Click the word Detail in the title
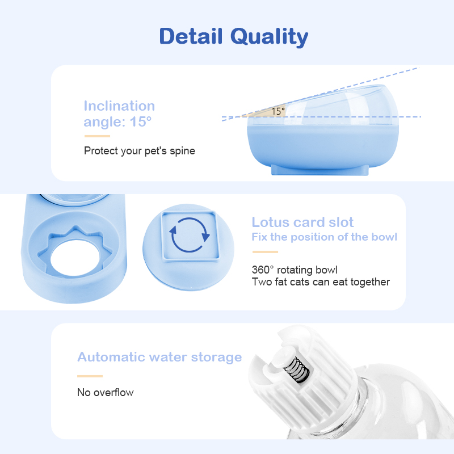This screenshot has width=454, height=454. point(191,36)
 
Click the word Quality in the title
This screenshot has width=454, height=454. point(269,37)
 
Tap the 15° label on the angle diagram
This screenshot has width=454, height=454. point(278,111)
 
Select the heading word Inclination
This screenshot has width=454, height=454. point(119,106)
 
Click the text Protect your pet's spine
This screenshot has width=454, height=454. point(140,151)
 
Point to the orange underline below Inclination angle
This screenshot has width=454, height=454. point(97,136)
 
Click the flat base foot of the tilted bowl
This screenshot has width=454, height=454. point(320,170)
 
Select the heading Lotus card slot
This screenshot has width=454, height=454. point(302,222)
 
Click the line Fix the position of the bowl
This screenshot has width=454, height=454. point(324,237)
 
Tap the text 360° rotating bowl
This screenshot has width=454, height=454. point(295,270)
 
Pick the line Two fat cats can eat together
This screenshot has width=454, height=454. point(321,281)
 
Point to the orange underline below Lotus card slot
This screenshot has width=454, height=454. point(265,252)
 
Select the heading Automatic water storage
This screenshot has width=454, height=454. point(159,358)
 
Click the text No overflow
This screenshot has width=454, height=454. point(106,393)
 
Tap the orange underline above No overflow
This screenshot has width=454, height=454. point(90,376)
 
